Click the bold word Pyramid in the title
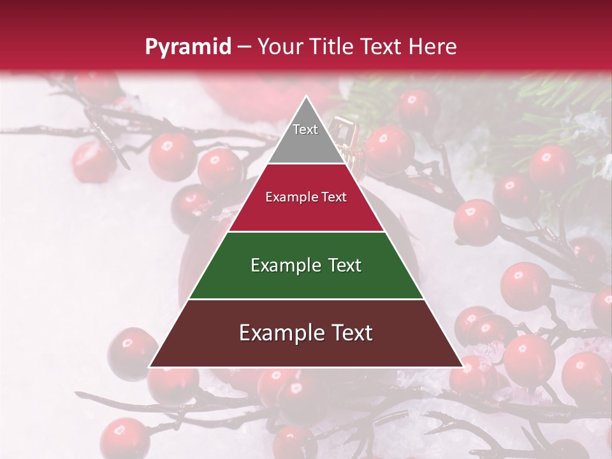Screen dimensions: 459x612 187,47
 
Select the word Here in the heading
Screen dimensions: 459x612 433,47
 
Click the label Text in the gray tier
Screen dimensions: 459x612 305,129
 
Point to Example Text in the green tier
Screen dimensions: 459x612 306,265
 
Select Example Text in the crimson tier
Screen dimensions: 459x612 306,197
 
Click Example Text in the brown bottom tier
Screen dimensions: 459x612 306,333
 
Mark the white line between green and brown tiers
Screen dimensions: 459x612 306,299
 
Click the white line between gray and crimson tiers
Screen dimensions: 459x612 306,163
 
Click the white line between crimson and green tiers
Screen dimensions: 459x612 306,231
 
